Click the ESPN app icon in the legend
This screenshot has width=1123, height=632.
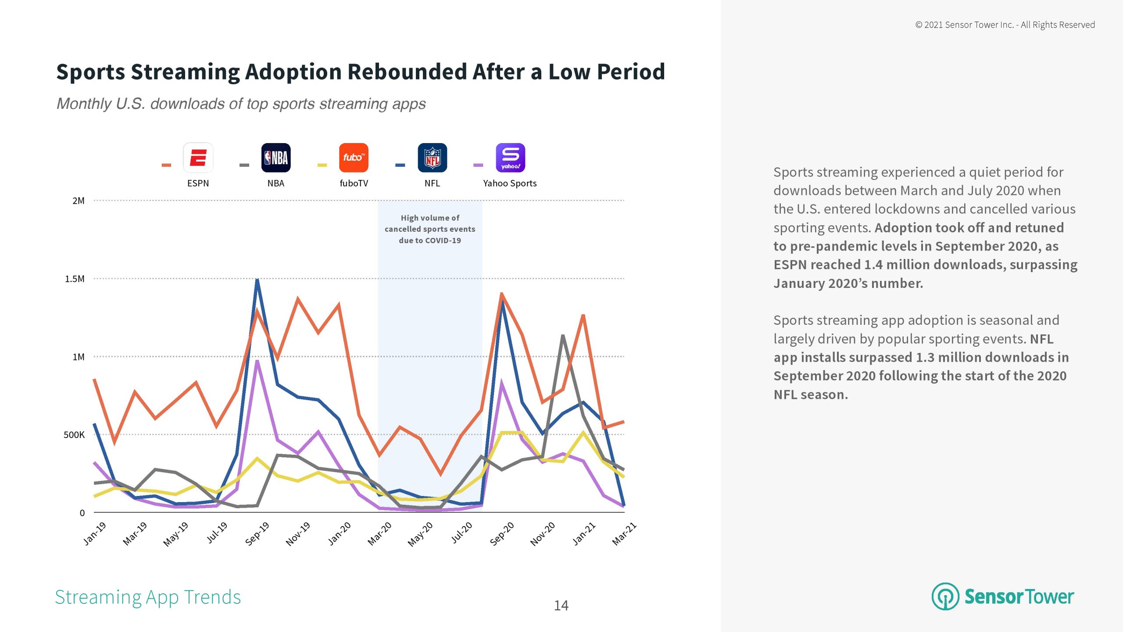[198, 158]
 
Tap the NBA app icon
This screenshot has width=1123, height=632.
[276, 158]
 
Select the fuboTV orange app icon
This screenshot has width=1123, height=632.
[354, 158]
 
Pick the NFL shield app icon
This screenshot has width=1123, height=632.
[432, 158]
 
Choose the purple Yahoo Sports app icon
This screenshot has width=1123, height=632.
[510, 158]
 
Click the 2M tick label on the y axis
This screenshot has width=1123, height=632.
[79, 201]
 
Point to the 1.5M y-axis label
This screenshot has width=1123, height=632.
[75, 279]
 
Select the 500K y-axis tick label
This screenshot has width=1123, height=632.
[74, 435]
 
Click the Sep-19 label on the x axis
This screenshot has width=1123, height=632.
[257, 534]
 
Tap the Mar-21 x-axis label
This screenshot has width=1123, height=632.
[624, 534]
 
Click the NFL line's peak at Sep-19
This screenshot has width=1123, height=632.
[257, 280]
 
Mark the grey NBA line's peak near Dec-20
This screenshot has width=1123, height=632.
[562, 336]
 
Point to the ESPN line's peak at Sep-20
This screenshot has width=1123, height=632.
[501, 294]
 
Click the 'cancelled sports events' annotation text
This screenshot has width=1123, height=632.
[430, 229]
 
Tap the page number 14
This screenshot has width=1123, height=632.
[561, 606]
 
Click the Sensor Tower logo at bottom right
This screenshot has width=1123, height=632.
[1003, 597]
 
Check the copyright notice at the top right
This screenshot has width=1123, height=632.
[1005, 25]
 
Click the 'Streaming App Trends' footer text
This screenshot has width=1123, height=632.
[148, 597]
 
